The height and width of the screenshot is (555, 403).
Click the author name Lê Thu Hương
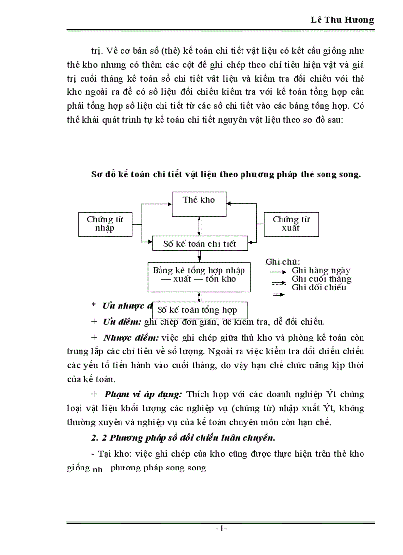(x=342, y=20)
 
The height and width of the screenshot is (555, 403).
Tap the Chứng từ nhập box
(x=105, y=224)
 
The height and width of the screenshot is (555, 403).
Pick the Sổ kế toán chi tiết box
(x=200, y=244)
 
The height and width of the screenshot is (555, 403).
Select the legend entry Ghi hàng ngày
(x=321, y=270)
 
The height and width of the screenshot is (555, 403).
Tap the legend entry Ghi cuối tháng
(x=322, y=279)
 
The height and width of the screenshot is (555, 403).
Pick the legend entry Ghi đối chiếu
(x=319, y=287)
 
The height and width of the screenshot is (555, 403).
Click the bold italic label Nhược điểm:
(x=130, y=338)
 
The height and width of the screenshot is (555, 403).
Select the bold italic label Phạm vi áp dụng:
(x=143, y=394)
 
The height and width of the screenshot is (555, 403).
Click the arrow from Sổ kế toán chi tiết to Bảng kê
(x=200, y=256)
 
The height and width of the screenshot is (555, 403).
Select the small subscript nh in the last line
(x=98, y=470)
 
